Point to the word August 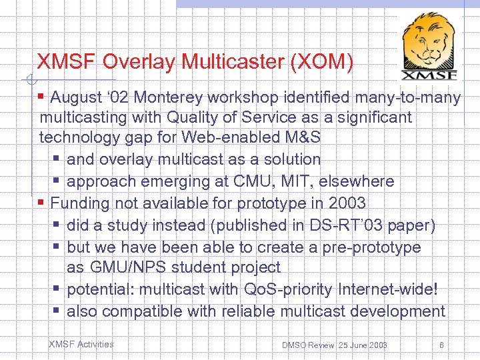pos(78,98)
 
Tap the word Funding pos(79,203)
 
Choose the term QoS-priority pos(287,290)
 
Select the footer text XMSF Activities pos(81,345)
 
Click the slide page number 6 pos(441,345)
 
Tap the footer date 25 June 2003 pos(363,345)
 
